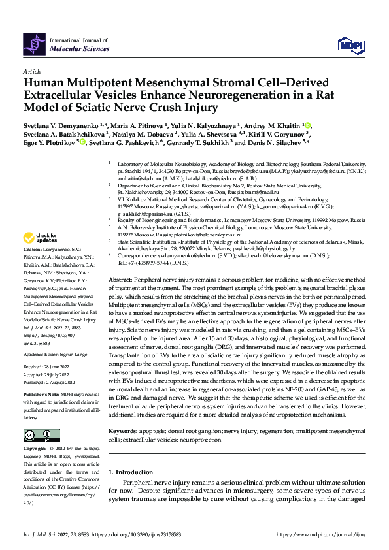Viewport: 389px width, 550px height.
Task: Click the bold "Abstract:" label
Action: [x=122, y=279]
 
